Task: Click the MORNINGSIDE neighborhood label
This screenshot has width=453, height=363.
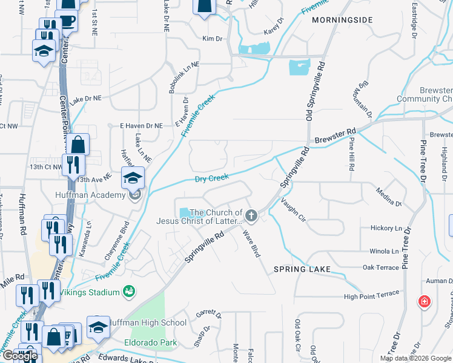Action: [342, 20]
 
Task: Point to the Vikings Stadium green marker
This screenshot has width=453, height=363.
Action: [128, 292]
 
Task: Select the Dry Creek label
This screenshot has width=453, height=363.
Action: [211, 178]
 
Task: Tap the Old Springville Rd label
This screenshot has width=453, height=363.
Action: [315, 91]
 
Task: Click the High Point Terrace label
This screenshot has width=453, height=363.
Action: [371, 295]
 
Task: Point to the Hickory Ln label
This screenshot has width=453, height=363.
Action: [385, 228]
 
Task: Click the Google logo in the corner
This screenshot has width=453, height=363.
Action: [20, 356]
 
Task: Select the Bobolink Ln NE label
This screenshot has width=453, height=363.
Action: [184, 77]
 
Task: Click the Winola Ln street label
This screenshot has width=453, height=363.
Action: [385, 251]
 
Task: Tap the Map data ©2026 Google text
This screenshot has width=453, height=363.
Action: [415, 358]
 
